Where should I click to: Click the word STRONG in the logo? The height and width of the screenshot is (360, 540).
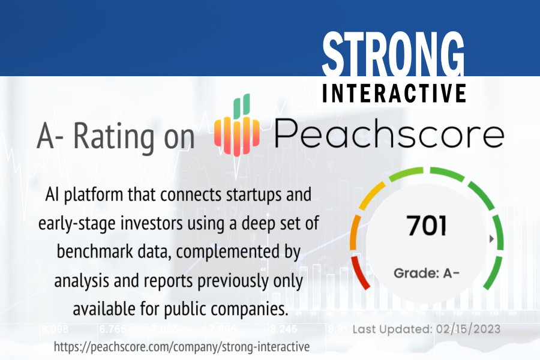coord(393,54)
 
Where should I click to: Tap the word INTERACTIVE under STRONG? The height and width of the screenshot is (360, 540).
coord(394,93)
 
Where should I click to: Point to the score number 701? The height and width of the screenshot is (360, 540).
coord(427,226)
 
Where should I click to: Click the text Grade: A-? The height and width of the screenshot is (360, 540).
coord(427,273)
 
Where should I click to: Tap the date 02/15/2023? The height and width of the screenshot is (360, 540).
coord(468,329)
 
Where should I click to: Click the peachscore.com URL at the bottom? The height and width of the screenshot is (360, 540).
coord(182,347)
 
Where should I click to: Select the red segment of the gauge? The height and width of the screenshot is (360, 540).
coord(359,272)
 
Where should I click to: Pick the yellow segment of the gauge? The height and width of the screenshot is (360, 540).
coord(372,196)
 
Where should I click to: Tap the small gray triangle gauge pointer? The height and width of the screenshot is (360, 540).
coord(492,238)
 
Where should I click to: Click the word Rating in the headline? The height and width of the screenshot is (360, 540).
coord(113,136)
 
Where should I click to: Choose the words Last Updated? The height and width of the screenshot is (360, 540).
coord(392,329)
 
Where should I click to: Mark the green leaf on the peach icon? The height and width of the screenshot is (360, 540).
coord(241,105)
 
